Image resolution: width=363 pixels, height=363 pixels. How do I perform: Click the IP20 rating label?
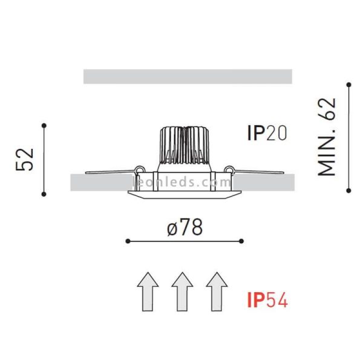(266, 133)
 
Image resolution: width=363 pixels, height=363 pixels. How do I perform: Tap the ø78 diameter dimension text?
(184, 227)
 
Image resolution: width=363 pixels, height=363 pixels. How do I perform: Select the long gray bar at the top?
(188, 76)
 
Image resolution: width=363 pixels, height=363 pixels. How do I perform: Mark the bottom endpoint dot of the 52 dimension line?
(44, 194)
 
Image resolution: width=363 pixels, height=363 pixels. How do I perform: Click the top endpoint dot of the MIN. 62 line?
(349, 84)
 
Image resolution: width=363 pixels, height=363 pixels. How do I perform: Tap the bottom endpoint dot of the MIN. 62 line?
(349, 190)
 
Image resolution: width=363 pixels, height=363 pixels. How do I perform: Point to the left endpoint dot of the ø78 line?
(127, 241)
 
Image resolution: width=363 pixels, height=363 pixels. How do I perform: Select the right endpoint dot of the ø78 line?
(241, 241)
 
